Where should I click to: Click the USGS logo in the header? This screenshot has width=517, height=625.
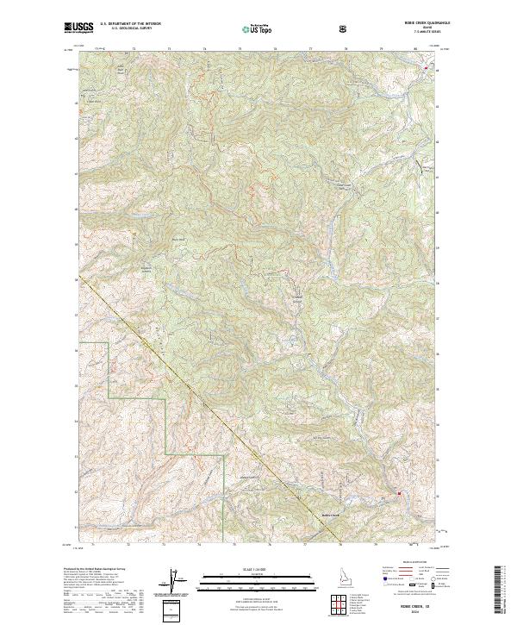tap(78, 28)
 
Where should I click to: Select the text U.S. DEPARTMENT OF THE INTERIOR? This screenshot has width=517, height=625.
tap(131, 24)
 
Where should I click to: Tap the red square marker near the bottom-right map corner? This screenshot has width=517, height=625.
tap(399, 492)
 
